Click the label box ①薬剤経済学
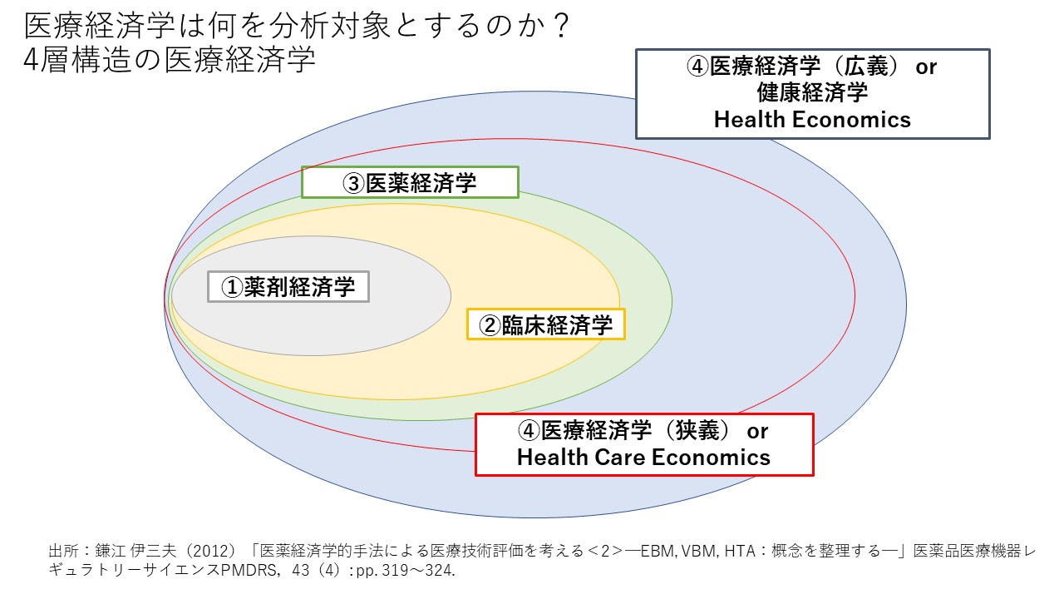tap(288, 287)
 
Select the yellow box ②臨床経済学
tap(546, 324)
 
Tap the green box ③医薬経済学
tap(410, 182)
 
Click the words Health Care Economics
tap(643, 458)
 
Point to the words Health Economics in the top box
tap(812, 120)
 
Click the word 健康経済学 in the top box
tap(812, 92)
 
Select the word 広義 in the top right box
tap(866, 66)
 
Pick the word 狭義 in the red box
tap(697, 430)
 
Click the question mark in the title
tap(562, 26)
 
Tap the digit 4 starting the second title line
tap(32, 60)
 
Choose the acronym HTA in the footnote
tap(740, 551)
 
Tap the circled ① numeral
tap(232, 287)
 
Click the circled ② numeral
tap(490, 325)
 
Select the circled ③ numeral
tap(354, 184)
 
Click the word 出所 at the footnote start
tap(64, 551)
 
